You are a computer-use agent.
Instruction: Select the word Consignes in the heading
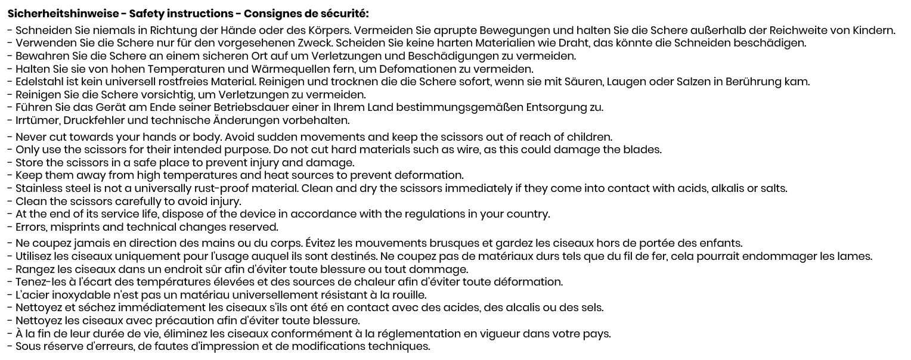click(277, 14)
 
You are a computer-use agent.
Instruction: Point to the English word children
click(590, 137)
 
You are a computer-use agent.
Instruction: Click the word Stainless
click(40, 189)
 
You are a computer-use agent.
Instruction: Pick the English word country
click(530, 215)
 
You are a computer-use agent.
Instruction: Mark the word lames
click(856, 257)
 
